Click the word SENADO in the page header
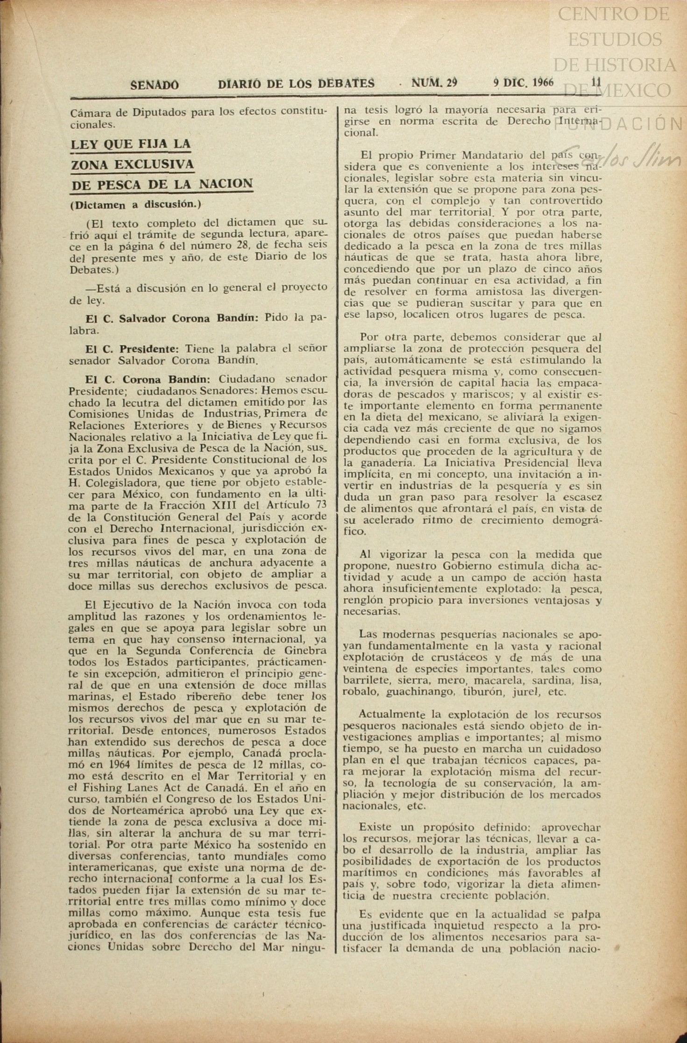154,85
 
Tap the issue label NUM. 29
434,83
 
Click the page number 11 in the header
596,82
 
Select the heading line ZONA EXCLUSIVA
132,164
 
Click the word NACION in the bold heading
226,184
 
